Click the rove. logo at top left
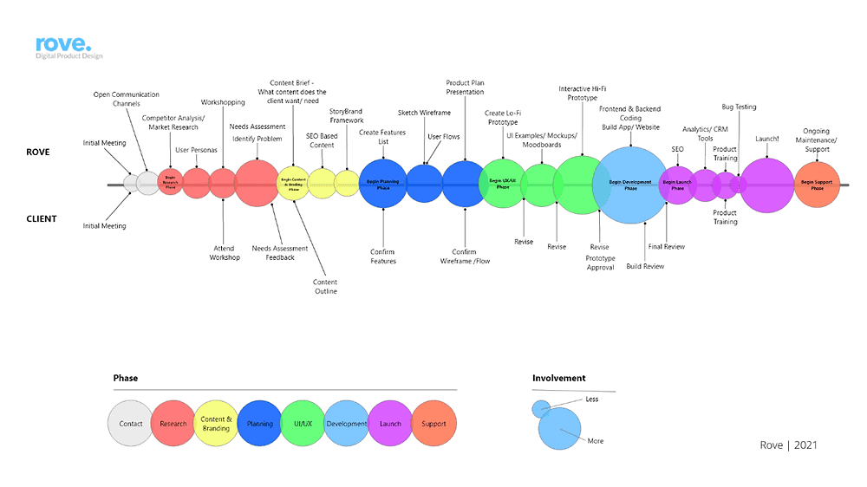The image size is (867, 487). pyautogui.click(x=63, y=47)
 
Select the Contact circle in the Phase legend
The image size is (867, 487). pyautogui.click(x=131, y=424)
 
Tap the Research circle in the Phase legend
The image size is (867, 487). pyautogui.click(x=173, y=424)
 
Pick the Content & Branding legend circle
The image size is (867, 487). pyautogui.click(x=216, y=424)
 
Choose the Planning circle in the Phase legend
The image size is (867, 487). pyautogui.click(x=259, y=424)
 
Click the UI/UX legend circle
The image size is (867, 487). pyautogui.click(x=303, y=424)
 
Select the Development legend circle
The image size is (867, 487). pyautogui.click(x=346, y=424)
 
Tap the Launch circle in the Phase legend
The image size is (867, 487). pyautogui.click(x=390, y=424)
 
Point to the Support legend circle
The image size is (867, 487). pyautogui.click(x=433, y=424)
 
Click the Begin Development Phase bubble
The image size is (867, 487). pyautogui.click(x=630, y=185)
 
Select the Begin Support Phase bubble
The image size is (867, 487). pyautogui.click(x=817, y=185)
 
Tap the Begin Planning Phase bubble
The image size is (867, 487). pyautogui.click(x=382, y=185)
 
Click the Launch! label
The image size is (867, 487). pyautogui.click(x=766, y=139)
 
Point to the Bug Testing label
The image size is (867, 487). pyautogui.click(x=739, y=107)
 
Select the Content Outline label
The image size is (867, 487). pyautogui.click(x=325, y=287)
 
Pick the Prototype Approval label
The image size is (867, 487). pyautogui.click(x=600, y=263)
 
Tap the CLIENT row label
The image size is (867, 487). pyautogui.click(x=42, y=218)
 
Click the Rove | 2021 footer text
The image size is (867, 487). pyautogui.click(x=788, y=445)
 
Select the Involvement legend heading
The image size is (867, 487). pyautogui.click(x=558, y=378)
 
